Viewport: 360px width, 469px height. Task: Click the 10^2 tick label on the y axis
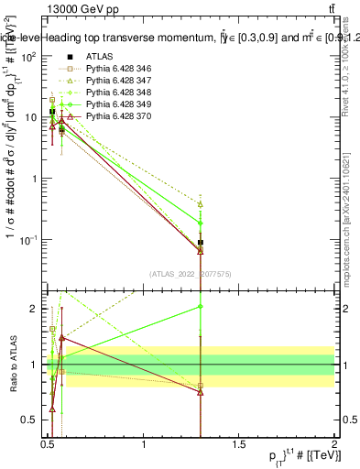tap(30, 57)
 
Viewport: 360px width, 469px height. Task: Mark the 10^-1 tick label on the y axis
tap(30, 240)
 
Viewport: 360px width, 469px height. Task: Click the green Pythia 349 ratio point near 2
tap(201, 307)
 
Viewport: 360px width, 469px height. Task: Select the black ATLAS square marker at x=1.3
tap(201, 243)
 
